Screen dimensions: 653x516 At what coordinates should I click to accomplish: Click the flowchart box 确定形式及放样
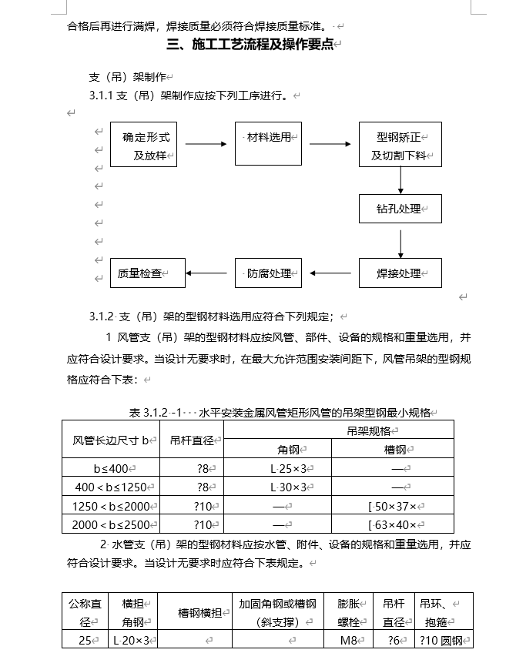144,145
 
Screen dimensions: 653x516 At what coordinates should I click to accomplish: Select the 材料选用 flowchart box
268,143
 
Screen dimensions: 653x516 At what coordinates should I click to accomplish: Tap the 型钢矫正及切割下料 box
400,145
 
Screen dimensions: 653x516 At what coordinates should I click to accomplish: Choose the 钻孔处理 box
400,209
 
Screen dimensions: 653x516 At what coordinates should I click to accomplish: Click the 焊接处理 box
400,273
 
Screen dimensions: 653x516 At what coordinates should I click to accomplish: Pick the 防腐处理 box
268,273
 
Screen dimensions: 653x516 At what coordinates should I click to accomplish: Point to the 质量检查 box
147,273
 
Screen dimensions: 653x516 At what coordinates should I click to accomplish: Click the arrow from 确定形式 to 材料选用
206,143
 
